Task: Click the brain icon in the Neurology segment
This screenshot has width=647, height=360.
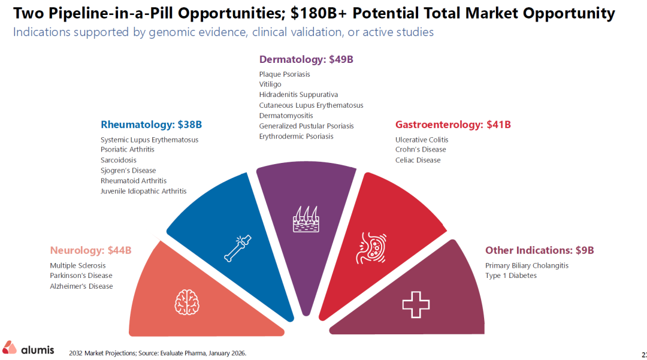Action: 187,302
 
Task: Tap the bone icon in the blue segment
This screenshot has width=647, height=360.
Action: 238,248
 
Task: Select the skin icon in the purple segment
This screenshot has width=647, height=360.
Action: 306,219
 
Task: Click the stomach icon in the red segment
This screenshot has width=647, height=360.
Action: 371,248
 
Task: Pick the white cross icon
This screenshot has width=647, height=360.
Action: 416,305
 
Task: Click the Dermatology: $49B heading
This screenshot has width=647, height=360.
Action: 306,59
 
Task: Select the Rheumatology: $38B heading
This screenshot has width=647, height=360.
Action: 151,125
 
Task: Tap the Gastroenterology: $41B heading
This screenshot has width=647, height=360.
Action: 453,125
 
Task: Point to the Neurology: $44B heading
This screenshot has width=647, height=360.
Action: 91,250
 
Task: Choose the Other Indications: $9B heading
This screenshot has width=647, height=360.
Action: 540,250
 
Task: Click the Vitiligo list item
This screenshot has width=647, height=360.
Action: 270,84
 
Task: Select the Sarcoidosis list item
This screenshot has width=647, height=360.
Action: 119,160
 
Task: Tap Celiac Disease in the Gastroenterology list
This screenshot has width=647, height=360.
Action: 418,160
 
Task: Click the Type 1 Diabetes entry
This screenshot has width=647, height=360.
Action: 511,276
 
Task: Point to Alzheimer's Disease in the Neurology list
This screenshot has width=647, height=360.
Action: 81,286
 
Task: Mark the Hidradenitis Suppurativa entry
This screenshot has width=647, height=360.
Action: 298,95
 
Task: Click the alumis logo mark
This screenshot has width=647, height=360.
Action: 10,347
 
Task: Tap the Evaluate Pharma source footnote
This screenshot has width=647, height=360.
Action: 158,353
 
